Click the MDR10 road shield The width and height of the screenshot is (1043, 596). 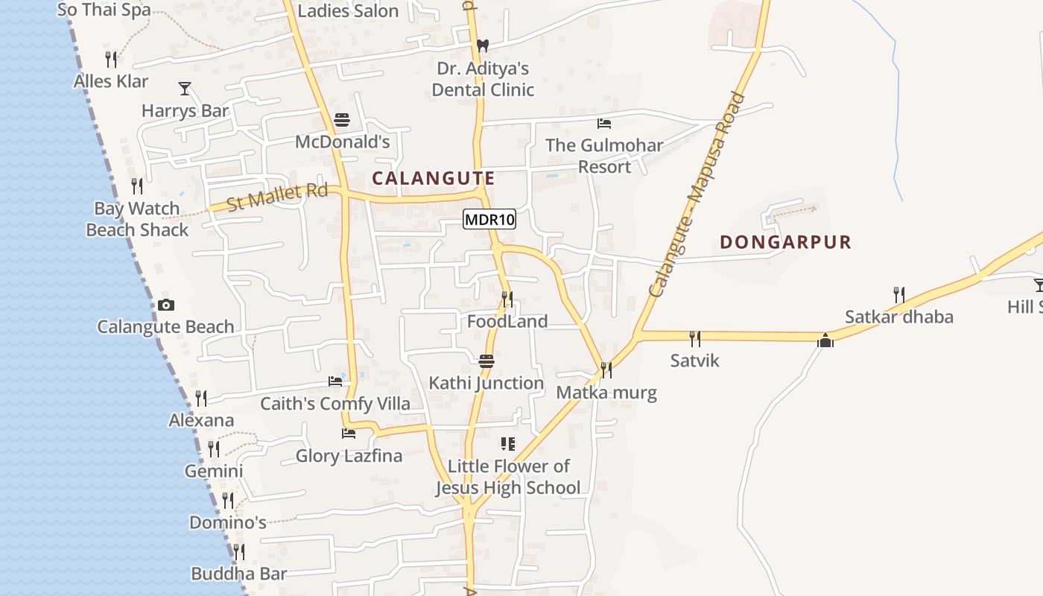pos(489,219)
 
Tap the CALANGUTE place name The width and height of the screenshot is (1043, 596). pos(433,178)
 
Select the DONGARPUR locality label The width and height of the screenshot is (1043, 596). pos(785,242)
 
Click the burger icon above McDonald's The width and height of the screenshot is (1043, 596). pos(342,120)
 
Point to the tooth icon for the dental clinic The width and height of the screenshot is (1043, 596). pos(482,45)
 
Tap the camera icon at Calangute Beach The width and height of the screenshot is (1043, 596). pos(165,305)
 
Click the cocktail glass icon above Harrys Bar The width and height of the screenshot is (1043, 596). pos(185,89)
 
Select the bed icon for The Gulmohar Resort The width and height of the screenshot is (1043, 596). pos(604,123)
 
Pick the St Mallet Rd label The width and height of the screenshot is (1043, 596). pos(277,197)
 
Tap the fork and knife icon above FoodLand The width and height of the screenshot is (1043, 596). pos(507,299)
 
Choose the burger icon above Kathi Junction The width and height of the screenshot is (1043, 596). pos(486,361)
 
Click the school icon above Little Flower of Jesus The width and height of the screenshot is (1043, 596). pos(508,444)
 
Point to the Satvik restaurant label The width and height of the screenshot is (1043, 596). pos(694,361)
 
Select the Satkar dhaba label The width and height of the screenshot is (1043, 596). pos(898,317)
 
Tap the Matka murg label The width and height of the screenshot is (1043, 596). pos(606,393)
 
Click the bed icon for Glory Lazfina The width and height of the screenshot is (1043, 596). pos(348,433)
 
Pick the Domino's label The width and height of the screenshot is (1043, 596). pos(227,522)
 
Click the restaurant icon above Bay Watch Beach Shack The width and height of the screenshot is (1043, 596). pos(137,186)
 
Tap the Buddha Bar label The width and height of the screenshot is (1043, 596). pos(238,574)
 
